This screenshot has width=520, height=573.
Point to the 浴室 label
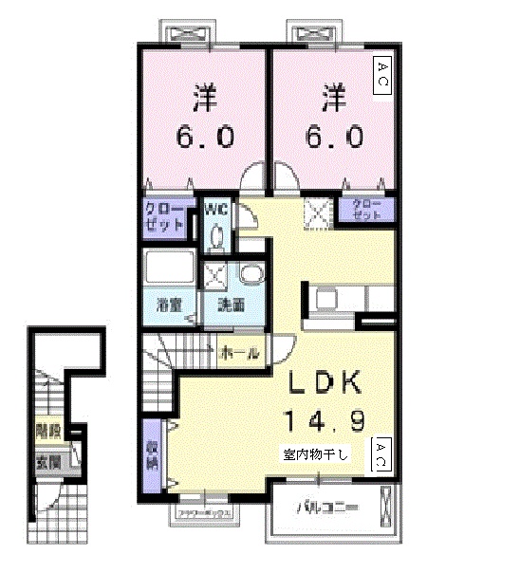pos(169,305)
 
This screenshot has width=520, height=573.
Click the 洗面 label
pos(231,305)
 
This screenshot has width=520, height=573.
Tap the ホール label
pos(239,353)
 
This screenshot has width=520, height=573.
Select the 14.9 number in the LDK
pos(325,418)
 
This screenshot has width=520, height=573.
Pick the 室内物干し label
pos(315,454)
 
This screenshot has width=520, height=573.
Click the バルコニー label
pos(326,508)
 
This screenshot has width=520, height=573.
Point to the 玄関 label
pos(46,464)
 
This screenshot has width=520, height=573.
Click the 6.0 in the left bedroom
pos(204,137)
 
